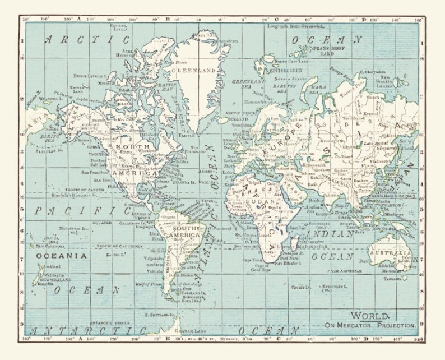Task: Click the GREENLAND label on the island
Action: (193, 72)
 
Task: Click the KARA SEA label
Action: (318, 89)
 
